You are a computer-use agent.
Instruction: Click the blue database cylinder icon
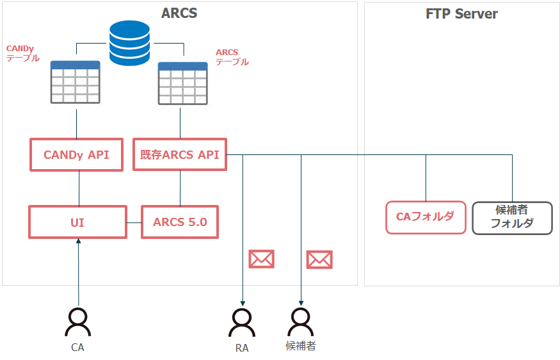click(129, 43)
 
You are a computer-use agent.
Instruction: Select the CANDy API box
click(76, 155)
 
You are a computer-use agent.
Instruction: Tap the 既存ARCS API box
click(180, 154)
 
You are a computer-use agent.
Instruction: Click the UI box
click(78, 222)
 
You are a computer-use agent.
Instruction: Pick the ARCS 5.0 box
click(180, 222)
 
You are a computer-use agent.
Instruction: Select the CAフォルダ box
click(426, 217)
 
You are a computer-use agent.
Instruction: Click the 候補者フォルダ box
click(512, 218)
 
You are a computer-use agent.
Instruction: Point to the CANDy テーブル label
click(22, 53)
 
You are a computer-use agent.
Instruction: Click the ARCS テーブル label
click(232, 57)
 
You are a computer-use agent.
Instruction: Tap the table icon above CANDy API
click(75, 82)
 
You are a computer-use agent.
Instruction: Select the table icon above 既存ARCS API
click(182, 84)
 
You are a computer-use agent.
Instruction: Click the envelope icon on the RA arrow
click(261, 259)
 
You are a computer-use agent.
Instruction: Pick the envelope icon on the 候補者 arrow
click(319, 259)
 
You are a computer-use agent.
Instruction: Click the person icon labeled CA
click(78, 322)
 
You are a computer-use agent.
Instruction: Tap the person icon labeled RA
click(242, 323)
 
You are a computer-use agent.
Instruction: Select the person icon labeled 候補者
click(301, 322)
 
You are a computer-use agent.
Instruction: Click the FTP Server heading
click(461, 14)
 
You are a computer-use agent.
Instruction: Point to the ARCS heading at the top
click(179, 13)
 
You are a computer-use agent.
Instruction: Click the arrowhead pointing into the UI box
click(79, 241)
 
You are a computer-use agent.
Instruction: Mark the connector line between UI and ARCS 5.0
click(134, 223)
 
